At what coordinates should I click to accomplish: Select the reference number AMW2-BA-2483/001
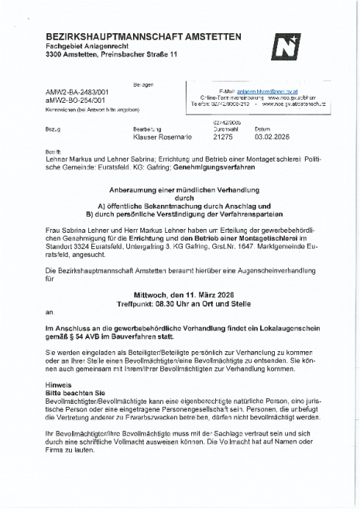pos(77,91)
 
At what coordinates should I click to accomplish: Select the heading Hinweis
pos(59,384)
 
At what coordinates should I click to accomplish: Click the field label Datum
pos(262,128)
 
